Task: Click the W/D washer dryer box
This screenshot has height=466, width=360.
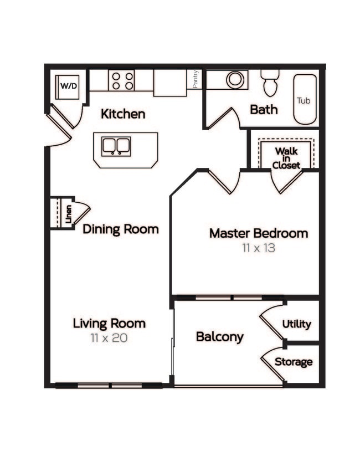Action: point(68,86)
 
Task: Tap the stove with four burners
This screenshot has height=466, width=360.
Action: point(121,80)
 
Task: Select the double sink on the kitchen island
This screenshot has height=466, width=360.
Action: point(116,146)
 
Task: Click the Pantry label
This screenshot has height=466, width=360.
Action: point(196,79)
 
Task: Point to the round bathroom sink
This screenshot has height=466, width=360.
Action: point(235,79)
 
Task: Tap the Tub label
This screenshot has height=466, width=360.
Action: point(303,100)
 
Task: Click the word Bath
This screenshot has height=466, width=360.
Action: point(264,109)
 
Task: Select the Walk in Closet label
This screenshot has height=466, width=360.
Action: point(287,158)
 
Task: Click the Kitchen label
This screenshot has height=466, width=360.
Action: point(123,114)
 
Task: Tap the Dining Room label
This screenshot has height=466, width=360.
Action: point(121,229)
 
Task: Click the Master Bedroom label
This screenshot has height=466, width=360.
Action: point(259,233)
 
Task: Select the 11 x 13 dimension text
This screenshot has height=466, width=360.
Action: point(259,248)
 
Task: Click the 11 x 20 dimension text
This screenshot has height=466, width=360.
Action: point(109,337)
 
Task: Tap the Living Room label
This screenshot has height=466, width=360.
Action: point(109,323)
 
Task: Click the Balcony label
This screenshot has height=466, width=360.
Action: point(220,337)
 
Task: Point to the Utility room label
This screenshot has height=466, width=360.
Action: point(297,324)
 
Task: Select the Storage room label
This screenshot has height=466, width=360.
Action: point(294,362)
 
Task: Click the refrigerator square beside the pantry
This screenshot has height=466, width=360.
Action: point(169,83)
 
